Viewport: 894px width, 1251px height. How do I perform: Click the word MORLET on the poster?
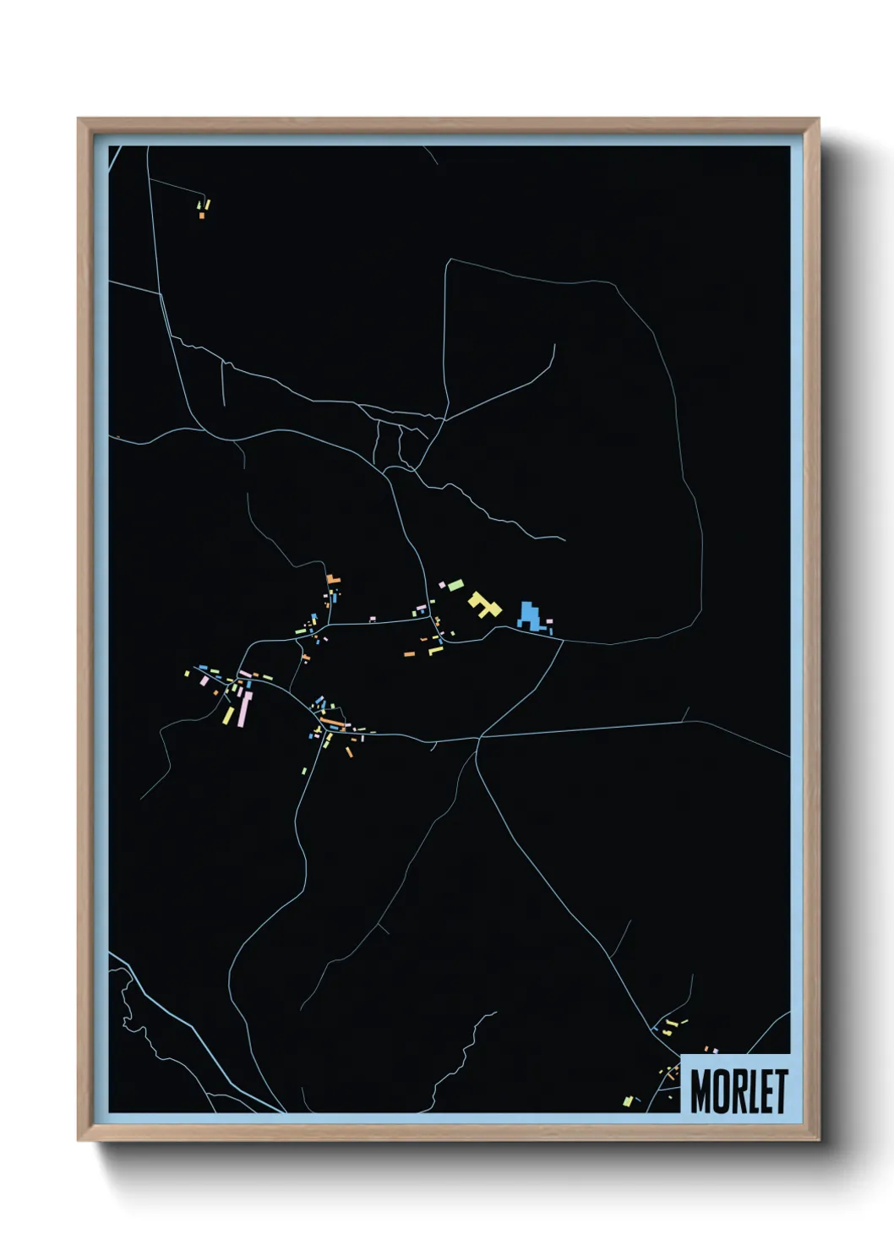pyautogui.click(x=739, y=1090)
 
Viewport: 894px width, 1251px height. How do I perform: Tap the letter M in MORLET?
pyautogui.click(x=700, y=1090)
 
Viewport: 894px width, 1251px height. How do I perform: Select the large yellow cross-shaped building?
pyautogui.click(x=484, y=604)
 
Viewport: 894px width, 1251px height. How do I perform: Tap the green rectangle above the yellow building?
pyautogui.click(x=455, y=583)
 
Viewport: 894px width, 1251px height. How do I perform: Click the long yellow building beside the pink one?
pyautogui.click(x=228, y=715)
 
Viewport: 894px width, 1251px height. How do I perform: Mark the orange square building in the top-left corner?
pyautogui.click(x=201, y=216)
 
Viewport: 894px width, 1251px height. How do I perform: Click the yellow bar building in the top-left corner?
pyautogui.click(x=207, y=204)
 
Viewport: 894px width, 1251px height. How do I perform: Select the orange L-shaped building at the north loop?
pyautogui.click(x=334, y=580)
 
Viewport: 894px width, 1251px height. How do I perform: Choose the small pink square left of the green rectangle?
pyautogui.click(x=442, y=583)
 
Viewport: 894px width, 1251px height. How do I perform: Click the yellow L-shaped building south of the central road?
pyautogui.click(x=435, y=650)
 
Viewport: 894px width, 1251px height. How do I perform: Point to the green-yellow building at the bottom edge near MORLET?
pyautogui.click(x=627, y=1101)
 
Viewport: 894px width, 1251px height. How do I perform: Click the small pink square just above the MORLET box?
pyautogui.click(x=715, y=1051)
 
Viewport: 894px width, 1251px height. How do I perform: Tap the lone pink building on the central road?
pyautogui.click(x=372, y=619)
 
